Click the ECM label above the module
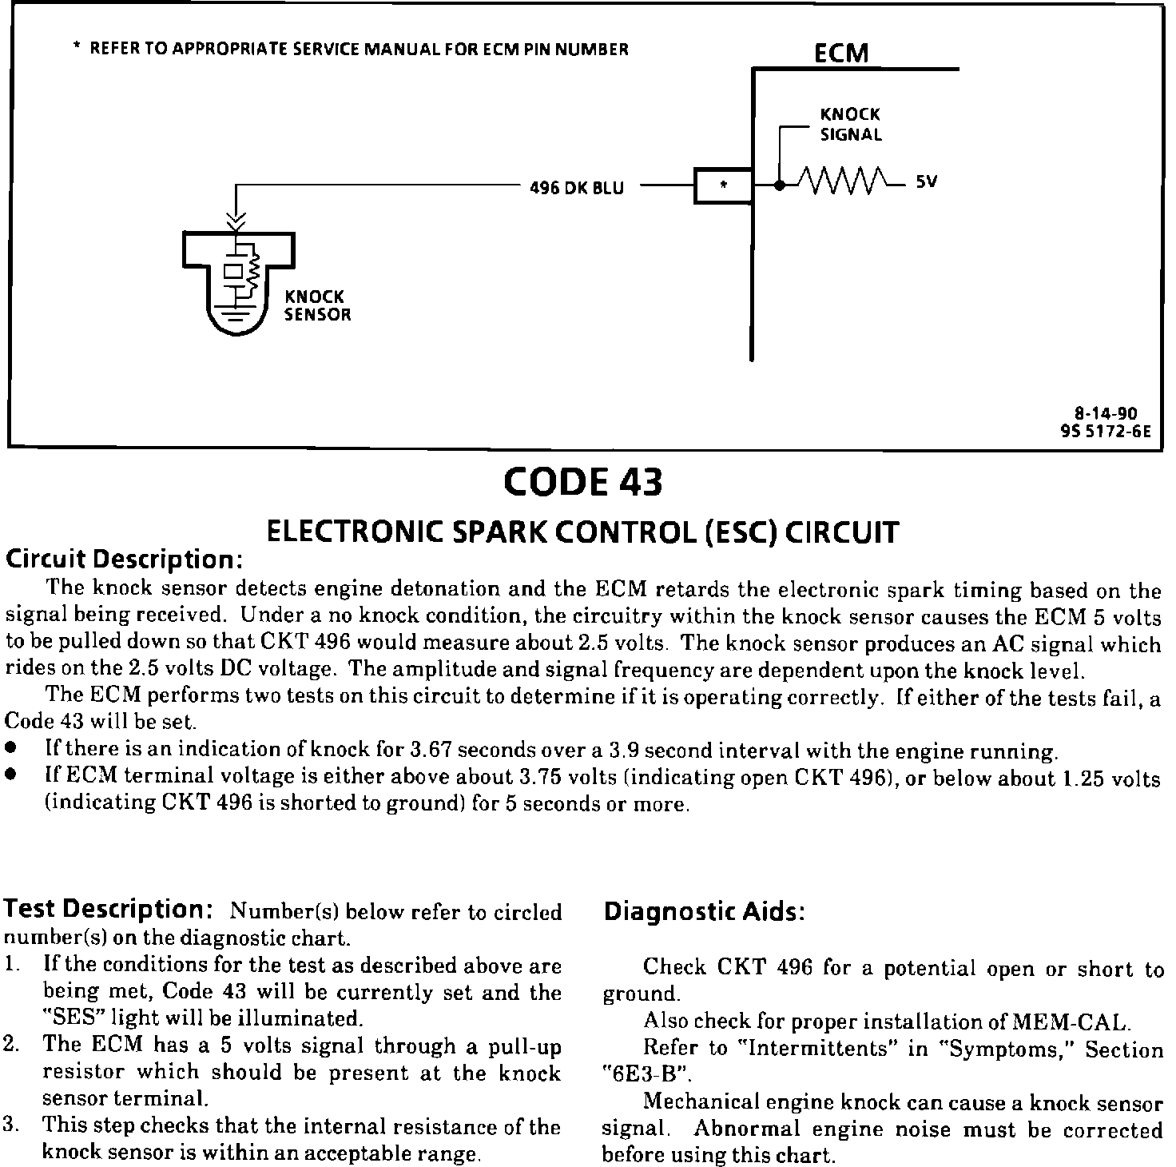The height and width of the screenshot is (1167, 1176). [x=840, y=53]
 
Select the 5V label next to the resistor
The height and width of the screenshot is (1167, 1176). [x=926, y=182]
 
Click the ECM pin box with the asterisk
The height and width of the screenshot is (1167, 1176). [x=722, y=186]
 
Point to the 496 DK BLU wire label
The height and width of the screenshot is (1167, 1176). [x=577, y=189]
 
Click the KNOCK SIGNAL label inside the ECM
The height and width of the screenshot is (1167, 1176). [x=851, y=125]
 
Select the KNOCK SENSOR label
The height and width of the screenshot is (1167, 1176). [x=318, y=305]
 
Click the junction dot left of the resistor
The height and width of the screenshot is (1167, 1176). [x=779, y=185]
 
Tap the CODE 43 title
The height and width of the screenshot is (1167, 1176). [x=583, y=482]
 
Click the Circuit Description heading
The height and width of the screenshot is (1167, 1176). [x=124, y=559]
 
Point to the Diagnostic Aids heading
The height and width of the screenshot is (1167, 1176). [x=703, y=911]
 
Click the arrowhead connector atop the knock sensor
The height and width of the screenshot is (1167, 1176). [x=236, y=217]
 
